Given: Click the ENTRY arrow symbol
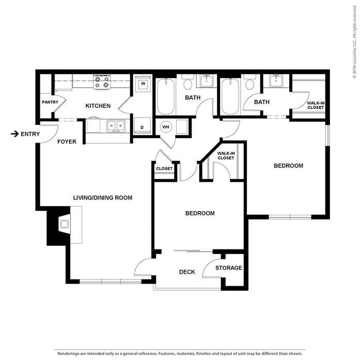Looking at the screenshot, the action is [14, 134].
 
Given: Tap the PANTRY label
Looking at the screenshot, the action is [50, 102].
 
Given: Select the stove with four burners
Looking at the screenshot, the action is [102, 82].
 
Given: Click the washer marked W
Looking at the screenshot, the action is [143, 84].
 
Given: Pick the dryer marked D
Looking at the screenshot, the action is [143, 126].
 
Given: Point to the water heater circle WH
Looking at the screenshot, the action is [166, 127].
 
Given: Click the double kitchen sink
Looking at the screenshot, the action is [116, 126].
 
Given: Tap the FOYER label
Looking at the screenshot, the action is [67, 142].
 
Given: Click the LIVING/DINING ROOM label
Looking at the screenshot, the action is [103, 198].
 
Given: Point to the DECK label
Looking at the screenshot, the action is [187, 272].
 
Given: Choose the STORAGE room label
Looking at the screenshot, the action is [229, 268].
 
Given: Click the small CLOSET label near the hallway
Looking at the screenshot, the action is [164, 168].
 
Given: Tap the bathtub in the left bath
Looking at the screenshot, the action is [165, 97].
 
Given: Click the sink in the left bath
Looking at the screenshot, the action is [207, 81].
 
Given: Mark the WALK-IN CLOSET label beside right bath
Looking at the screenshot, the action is [316, 105].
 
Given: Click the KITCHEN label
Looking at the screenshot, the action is [98, 106].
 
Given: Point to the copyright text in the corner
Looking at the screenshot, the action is [355, 41].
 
